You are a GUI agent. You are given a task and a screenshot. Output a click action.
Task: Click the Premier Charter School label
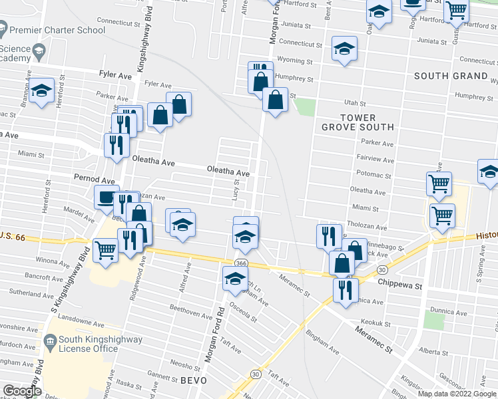click(x=59, y=30)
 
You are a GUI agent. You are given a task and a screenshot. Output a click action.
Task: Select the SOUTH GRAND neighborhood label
click(x=451, y=76)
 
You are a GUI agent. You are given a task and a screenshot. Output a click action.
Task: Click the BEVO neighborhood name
click(x=194, y=380)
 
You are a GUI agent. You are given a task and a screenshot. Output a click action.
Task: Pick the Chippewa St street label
click(x=401, y=286)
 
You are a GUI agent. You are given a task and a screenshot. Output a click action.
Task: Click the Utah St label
click(x=355, y=103)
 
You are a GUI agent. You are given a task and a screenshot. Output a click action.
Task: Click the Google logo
click(x=22, y=391)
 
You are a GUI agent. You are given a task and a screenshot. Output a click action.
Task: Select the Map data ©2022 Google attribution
click(x=457, y=393)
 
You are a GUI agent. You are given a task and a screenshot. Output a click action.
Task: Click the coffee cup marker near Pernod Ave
click(x=107, y=198)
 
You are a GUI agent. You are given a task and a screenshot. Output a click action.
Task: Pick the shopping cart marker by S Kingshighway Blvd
click(x=105, y=250)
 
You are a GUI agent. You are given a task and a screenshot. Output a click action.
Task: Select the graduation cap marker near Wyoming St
click(x=344, y=49)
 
